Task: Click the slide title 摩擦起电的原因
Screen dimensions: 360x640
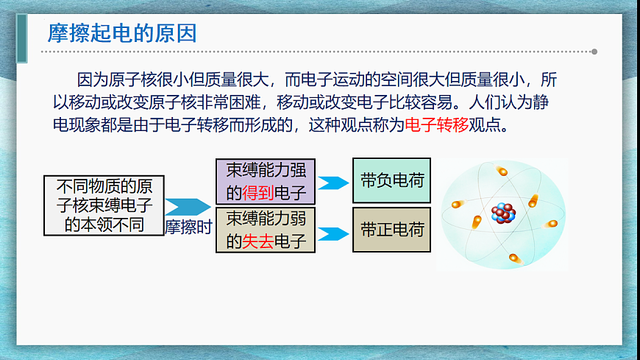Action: point(122,33)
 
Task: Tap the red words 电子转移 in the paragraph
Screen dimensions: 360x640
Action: point(436,124)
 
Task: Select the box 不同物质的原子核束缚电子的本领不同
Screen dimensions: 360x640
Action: point(104,205)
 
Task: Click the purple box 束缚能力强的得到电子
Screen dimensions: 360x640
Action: point(266,182)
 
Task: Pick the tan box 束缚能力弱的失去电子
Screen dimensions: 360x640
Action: point(266,229)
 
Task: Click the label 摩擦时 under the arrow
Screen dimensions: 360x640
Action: point(188,227)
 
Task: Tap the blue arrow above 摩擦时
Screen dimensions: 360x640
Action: point(187,207)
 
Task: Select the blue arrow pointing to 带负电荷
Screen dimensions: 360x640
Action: point(333,183)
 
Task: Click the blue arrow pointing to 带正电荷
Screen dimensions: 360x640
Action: point(333,234)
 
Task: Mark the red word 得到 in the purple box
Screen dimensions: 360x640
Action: point(257,194)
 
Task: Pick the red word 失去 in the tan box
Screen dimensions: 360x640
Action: point(257,241)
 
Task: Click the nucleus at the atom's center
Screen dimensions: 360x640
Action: point(504,213)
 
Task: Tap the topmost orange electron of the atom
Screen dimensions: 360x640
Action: point(502,172)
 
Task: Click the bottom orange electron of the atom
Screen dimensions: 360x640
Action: point(513,258)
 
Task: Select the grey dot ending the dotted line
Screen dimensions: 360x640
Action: point(594,52)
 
